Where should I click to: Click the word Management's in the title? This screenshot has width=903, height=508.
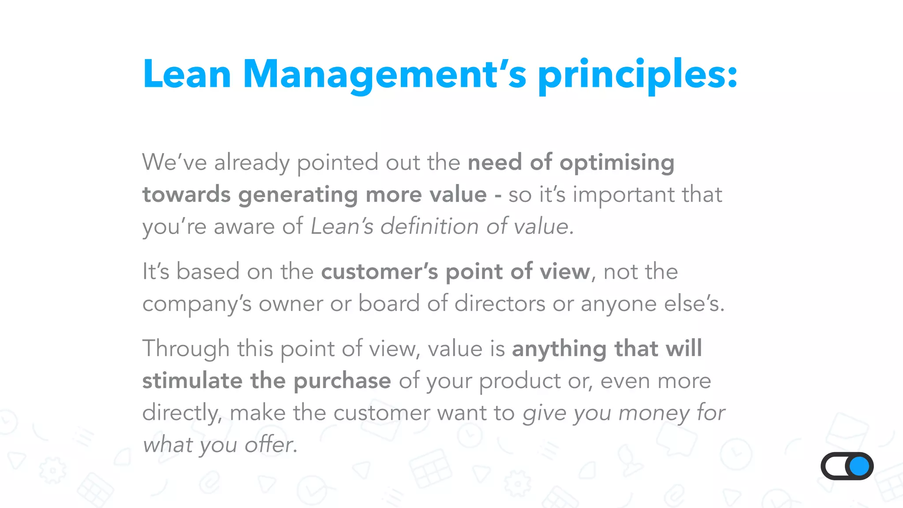(384, 75)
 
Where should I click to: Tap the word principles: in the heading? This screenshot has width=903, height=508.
(638, 75)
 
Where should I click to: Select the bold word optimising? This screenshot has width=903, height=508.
(617, 163)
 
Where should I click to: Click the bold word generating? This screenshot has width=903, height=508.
(298, 195)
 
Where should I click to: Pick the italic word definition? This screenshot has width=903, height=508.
(429, 227)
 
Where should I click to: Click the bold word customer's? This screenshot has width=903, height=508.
(380, 271)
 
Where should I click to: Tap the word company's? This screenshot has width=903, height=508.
(197, 304)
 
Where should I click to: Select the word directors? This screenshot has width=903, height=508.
(500, 303)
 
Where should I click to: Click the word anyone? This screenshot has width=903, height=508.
(619, 304)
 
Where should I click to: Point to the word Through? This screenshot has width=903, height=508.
(186, 349)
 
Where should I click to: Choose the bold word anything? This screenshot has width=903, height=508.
(559, 349)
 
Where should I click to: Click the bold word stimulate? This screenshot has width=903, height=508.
(192, 381)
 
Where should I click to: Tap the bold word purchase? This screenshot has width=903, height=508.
(342, 381)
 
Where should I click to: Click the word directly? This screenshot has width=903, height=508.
(182, 413)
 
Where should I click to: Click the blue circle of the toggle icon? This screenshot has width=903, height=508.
(859, 466)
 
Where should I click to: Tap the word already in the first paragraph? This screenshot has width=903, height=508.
(252, 163)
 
